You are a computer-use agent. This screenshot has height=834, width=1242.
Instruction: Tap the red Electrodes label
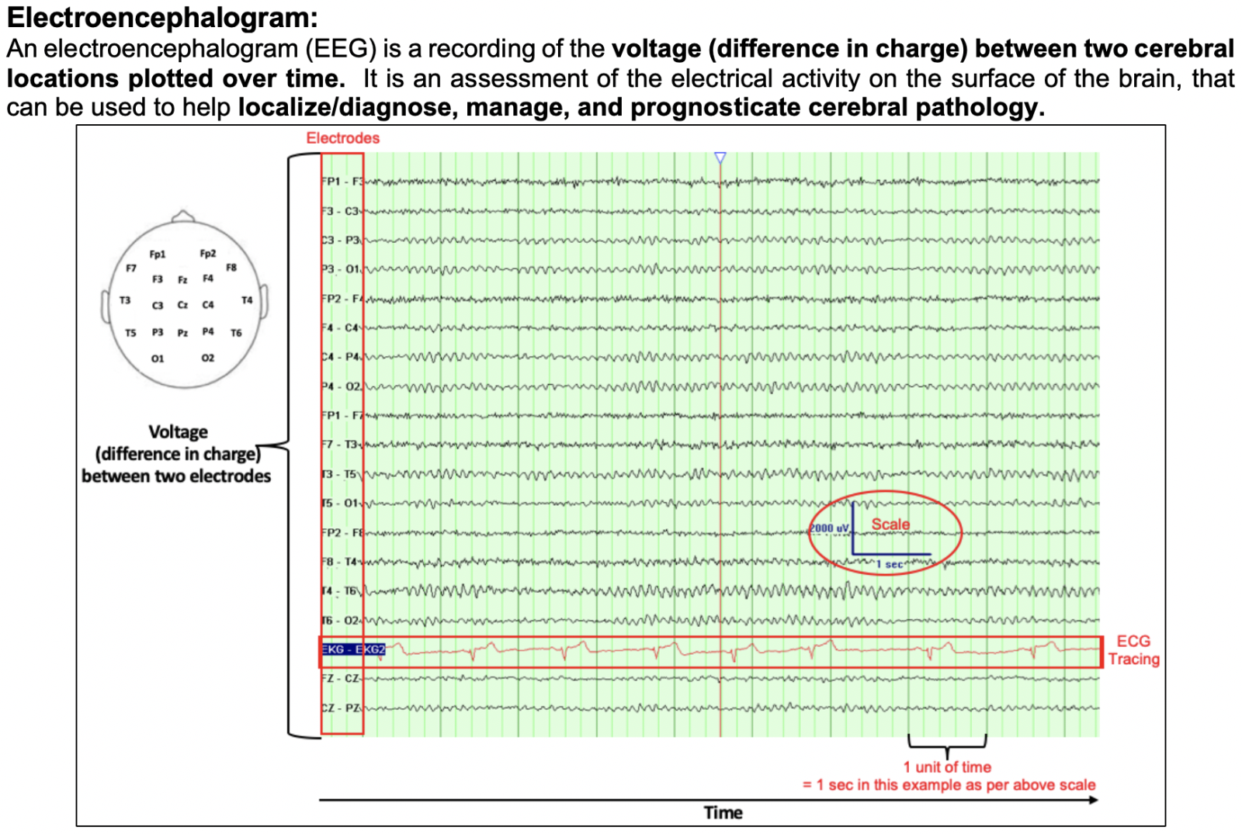click(x=342, y=138)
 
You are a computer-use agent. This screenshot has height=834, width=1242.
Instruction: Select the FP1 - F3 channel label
click(x=342, y=182)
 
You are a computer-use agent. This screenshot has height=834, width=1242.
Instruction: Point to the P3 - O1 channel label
click(x=342, y=269)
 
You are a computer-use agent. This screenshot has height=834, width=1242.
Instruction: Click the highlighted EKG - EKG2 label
click(x=353, y=649)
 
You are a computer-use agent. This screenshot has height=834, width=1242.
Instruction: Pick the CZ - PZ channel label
click(x=342, y=708)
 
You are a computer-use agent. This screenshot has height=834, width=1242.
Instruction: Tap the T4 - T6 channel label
click(x=342, y=591)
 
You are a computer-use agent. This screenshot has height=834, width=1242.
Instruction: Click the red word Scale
click(x=890, y=524)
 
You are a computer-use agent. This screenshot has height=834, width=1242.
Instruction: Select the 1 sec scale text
click(x=890, y=565)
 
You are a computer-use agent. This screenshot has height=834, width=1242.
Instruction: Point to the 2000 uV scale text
click(x=829, y=528)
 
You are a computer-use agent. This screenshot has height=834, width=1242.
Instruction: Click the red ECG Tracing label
click(x=1133, y=650)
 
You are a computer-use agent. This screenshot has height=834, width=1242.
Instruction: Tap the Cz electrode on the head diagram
click(x=182, y=305)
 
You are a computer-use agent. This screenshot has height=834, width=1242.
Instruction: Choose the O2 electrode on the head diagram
click(x=208, y=358)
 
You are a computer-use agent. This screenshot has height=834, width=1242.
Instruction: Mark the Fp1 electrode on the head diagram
click(x=158, y=254)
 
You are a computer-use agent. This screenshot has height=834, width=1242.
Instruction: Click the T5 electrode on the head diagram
click(x=130, y=333)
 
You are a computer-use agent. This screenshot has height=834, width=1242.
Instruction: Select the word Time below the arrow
click(x=723, y=812)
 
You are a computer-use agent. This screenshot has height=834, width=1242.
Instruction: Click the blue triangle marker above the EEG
click(x=720, y=158)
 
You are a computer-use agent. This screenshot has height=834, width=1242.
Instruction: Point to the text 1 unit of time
click(x=947, y=767)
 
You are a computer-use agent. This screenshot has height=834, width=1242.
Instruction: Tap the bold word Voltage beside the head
click(x=178, y=432)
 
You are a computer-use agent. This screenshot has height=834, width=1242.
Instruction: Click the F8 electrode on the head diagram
click(x=231, y=268)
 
